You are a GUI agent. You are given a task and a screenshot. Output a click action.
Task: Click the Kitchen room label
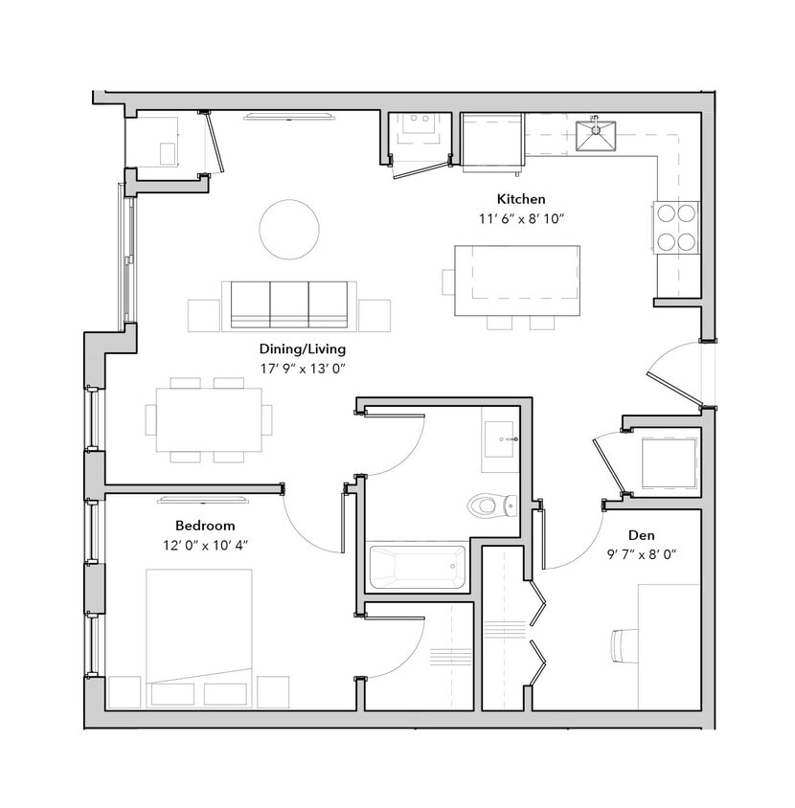click(x=520, y=199)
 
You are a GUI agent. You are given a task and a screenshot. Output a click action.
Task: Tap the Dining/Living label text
click(x=302, y=349)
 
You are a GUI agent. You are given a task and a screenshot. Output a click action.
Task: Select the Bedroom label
click(x=205, y=526)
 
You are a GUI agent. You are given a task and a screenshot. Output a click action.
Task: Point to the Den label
click(x=641, y=535)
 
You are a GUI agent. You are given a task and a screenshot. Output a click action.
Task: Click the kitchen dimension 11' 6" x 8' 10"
click(x=521, y=218)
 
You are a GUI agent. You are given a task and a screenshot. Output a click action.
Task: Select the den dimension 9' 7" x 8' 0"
click(x=641, y=553)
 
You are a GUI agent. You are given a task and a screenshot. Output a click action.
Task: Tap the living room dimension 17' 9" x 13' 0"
click(x=302, y=368)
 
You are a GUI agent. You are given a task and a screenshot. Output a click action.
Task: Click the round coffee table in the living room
click(x=289, y=229)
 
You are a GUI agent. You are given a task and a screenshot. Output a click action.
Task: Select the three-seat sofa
click(x=288, y=305)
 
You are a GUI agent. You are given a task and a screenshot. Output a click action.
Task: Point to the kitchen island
click(x=516, y=281)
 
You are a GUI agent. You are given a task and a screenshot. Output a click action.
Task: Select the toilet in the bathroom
click(x=489, y=504)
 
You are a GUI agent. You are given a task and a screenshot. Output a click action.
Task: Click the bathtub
click(x=417, y=567)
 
